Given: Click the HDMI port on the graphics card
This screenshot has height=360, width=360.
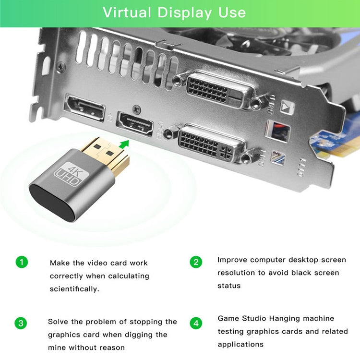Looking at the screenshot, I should coord(135,124).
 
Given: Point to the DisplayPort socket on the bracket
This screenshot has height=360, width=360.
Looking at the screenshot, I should coord(84,107).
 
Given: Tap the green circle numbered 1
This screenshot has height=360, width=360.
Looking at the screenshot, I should coord(22,262).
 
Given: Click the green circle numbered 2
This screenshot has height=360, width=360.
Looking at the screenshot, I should coord(196,262).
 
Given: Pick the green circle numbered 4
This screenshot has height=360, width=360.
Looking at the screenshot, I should coord(196,323).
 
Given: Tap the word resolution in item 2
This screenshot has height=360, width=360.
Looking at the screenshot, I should coord(237,273).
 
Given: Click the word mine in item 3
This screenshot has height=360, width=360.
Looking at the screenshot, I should coord(57,348).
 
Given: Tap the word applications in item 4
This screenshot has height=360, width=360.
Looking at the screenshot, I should coord(240,344).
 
